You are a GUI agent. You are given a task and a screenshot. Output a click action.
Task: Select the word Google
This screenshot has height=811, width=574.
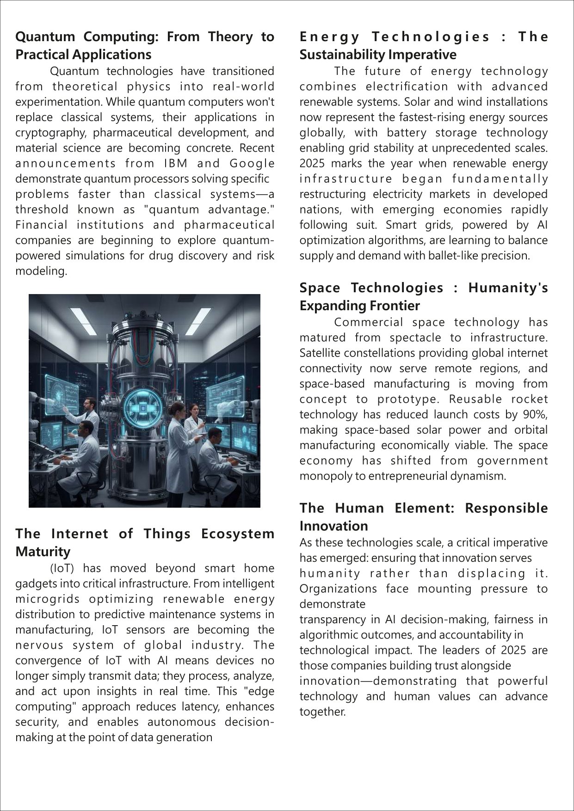click(x=252, y=163)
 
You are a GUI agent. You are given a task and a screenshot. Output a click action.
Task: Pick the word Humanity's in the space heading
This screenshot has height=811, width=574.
click(x=508, y=288)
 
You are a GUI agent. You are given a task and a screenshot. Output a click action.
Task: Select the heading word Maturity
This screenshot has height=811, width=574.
click(x=43, y=552)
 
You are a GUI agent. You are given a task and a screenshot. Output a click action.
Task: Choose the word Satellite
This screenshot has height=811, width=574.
click(x=322, y=353)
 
